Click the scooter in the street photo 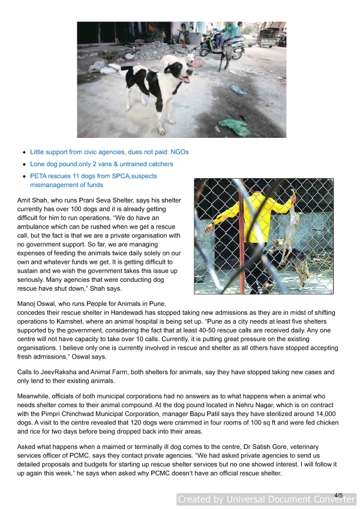coord(222,44)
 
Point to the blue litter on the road coord(239,90)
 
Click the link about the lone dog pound coord(101,164)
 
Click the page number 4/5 coord(339,495)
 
